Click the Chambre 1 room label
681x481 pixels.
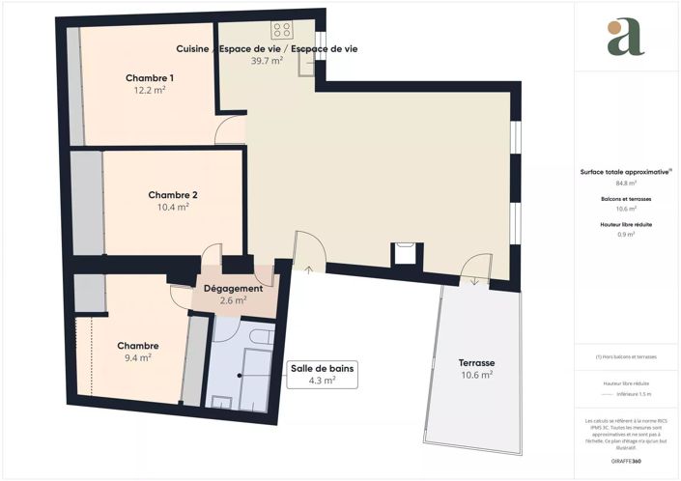coord(150,77)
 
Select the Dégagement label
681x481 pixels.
coord(233,288)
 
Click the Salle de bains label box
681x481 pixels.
coord(324,374)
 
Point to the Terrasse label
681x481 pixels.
coord(476,363)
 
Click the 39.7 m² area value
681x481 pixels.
coord(267,61)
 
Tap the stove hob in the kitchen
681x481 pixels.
coord(282,30)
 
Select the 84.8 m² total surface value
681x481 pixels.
coord(626,183)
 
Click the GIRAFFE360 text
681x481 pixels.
coord(626,463)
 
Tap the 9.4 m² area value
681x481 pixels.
coord(138,357)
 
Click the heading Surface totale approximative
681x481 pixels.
coord(625,171)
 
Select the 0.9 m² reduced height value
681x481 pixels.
coord(626,234)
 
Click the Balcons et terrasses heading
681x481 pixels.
coord(626,198)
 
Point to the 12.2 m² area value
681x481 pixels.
coord(150,90)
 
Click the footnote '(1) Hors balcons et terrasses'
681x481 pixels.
coord(626,356)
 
